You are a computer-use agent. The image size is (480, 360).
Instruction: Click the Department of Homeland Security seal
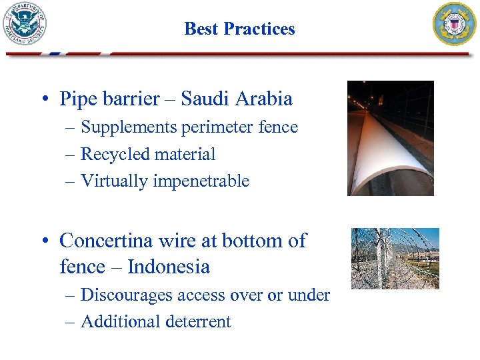[x=25, y=25]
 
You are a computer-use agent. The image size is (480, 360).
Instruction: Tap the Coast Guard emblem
[x=455, y=24]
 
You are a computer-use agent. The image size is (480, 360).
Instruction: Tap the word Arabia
[x=265, y=99]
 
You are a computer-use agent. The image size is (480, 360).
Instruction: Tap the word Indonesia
[x=169, y=267]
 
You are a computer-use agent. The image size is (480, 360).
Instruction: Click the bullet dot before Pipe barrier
[x=43, y=100]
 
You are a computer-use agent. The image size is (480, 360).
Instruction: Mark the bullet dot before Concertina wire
[x=43, y=241]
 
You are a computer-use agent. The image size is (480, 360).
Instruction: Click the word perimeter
[x=209, y=127]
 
